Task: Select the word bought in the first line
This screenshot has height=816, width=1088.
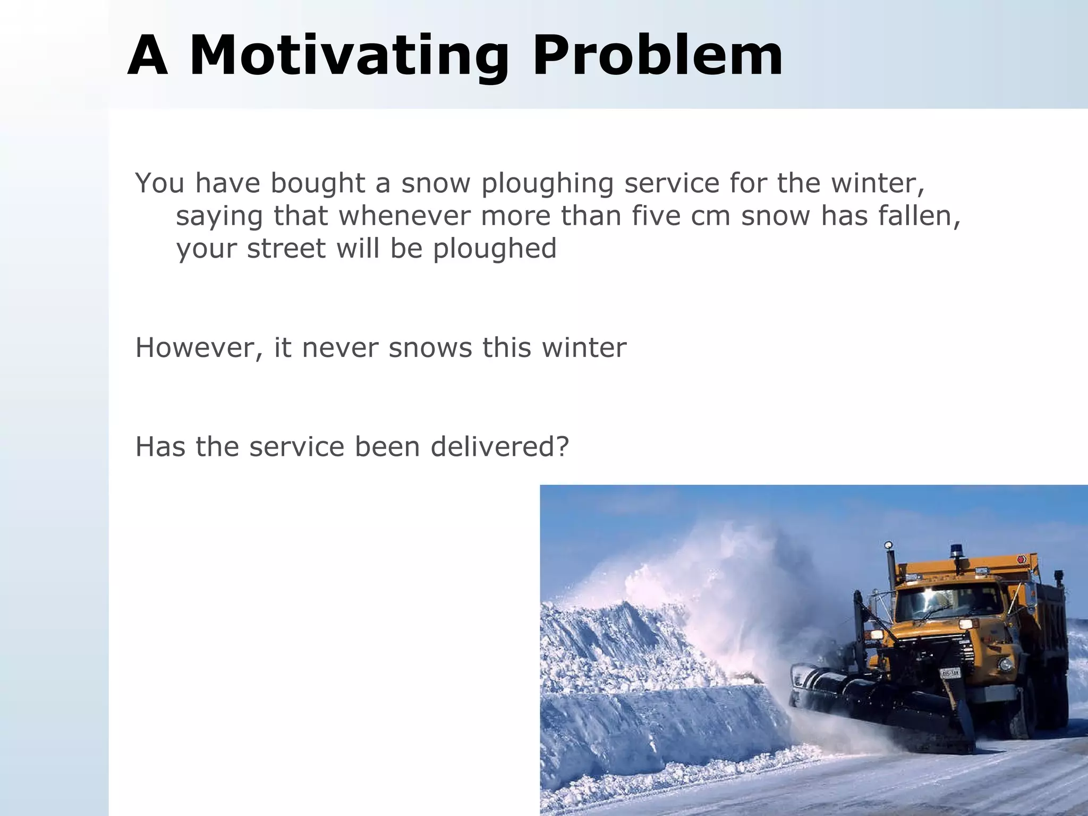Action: point(318,183)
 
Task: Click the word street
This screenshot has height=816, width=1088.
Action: point(286,249)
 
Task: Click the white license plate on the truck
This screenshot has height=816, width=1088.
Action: point(950,674)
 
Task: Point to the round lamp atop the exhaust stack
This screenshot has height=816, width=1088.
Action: point(888,546)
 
